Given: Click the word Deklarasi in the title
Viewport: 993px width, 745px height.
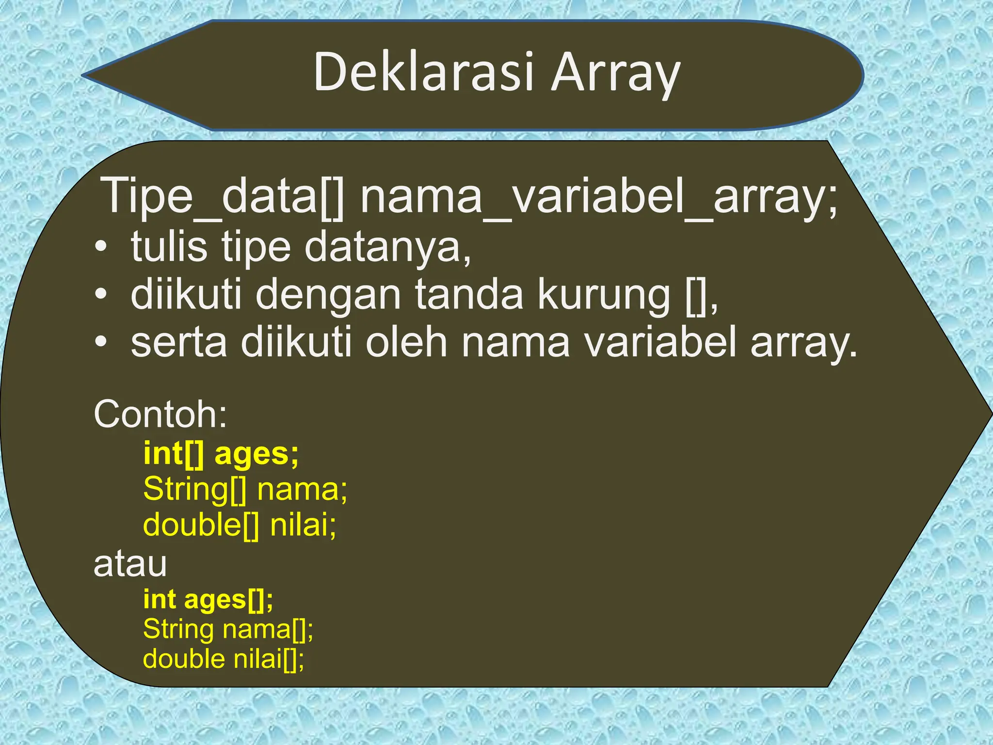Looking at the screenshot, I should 423,73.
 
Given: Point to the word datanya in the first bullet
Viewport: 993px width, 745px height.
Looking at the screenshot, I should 387,247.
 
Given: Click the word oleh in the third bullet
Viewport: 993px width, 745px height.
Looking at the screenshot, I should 406,342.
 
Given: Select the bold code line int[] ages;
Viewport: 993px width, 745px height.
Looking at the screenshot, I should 221,454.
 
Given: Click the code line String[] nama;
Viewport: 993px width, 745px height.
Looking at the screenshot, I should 245,489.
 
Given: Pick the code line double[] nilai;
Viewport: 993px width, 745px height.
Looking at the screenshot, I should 240,525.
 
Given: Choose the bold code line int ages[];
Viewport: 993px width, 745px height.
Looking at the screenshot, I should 208,599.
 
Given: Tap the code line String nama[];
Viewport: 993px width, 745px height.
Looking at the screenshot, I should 228,629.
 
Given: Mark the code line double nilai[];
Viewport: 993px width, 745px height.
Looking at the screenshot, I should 224,659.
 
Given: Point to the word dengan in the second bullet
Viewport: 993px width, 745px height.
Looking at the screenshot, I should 328,295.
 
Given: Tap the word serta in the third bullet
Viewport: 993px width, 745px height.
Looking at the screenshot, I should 178,342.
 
